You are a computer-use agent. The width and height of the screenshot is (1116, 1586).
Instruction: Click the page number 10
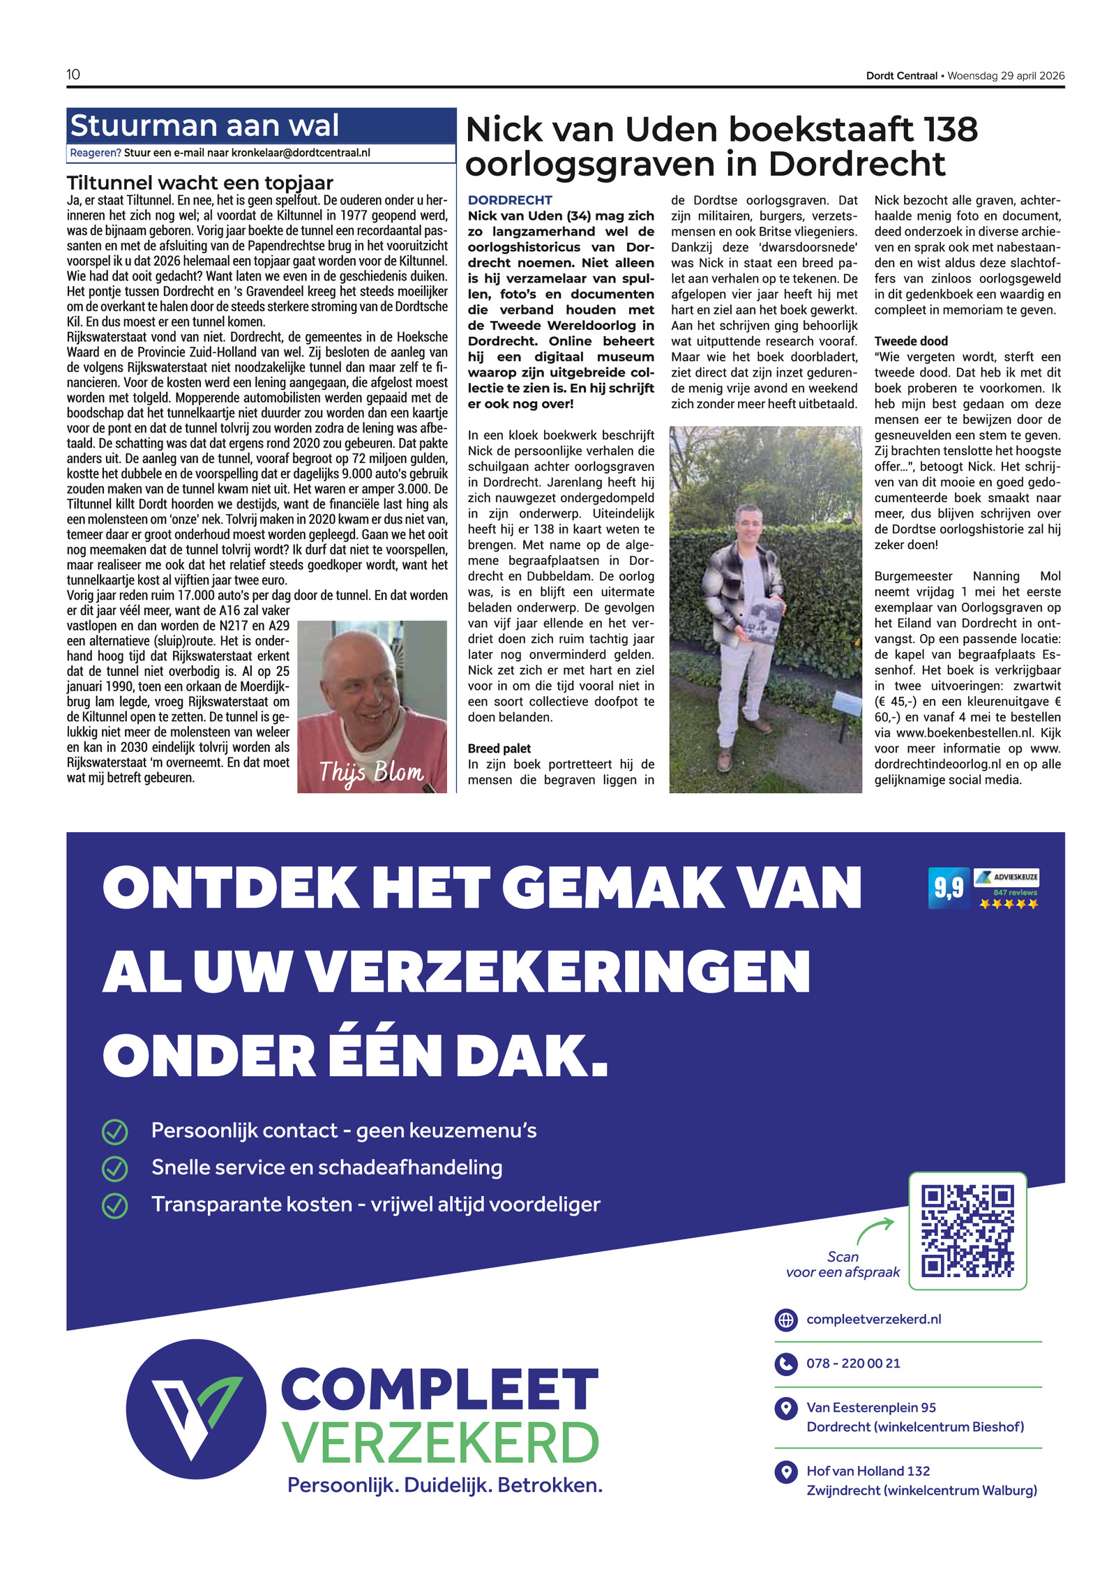coord(73,75)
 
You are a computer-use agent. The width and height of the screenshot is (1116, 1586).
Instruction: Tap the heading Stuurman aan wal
coord(204,126)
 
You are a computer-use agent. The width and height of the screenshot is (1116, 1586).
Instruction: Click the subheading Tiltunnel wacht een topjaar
coord(200,183)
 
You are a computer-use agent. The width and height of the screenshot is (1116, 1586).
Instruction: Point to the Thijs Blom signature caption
coord(371,772)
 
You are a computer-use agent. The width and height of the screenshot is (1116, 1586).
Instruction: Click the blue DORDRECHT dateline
coord(510,200)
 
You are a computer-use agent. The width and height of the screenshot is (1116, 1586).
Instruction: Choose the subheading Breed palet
coord(499,748)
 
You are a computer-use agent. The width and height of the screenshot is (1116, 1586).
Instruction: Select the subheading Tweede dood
coord(911,341)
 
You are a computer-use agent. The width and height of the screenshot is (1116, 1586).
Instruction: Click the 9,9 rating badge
coord(949,888)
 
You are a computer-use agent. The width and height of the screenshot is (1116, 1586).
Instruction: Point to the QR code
coord(967,1231)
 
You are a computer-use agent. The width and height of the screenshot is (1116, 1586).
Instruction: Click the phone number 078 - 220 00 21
coord(853,1363)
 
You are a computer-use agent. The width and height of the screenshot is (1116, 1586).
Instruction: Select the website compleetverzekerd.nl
coord(873,1319)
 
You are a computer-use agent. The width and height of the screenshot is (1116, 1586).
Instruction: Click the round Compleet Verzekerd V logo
coord(196,1409)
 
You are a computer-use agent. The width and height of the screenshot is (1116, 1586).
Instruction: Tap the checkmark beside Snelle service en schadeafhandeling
coord(115,1168)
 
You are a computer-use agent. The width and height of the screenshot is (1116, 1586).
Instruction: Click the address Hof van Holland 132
coord(868,1471)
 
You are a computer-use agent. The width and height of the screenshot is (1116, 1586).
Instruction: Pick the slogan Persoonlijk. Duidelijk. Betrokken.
coord(445,1485)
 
